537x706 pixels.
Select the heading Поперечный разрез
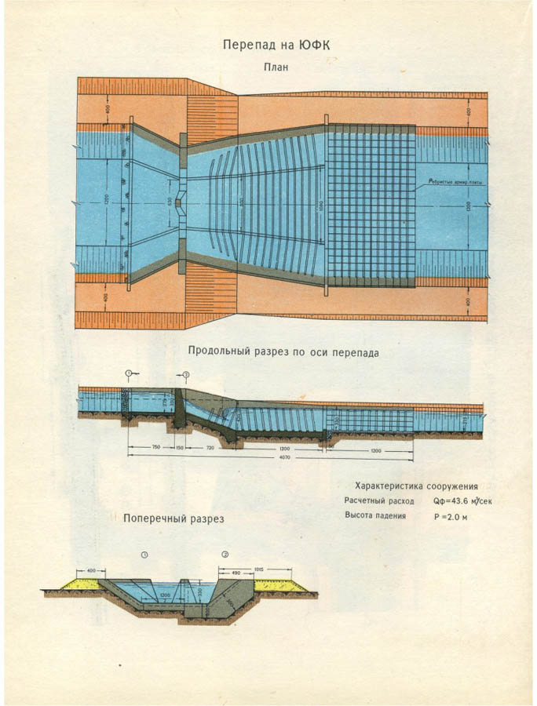[x=174, y=519]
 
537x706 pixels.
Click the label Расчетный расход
[x=379, y=500]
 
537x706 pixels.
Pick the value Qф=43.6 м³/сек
[x=463, y=500]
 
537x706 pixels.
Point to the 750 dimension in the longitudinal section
[x=155, y=446]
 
